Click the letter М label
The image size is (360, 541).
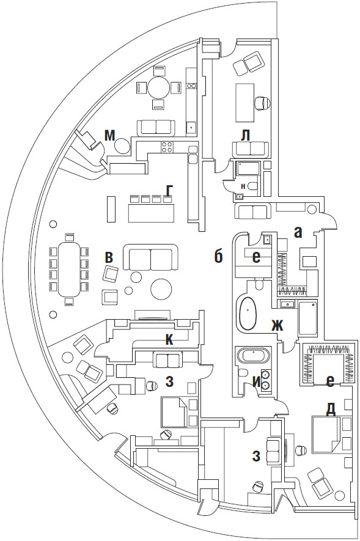(109, 136)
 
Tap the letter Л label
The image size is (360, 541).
(245, 136)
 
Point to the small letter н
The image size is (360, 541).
(243, 186)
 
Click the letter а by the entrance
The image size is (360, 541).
(298, 233)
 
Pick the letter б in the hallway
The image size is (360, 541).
(218, 256)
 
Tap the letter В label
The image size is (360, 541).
(109, 257)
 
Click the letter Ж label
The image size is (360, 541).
(277, 325)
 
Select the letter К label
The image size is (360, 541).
(169, 340)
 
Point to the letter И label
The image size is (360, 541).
(256, 382)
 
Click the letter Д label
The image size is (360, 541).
(330, 410)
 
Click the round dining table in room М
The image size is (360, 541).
(159, 88)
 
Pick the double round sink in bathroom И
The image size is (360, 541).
(265, 380)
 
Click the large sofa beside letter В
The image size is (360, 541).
(150, 257)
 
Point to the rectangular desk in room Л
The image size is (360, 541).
(245, 103)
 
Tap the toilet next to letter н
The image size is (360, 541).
(253, 186)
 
